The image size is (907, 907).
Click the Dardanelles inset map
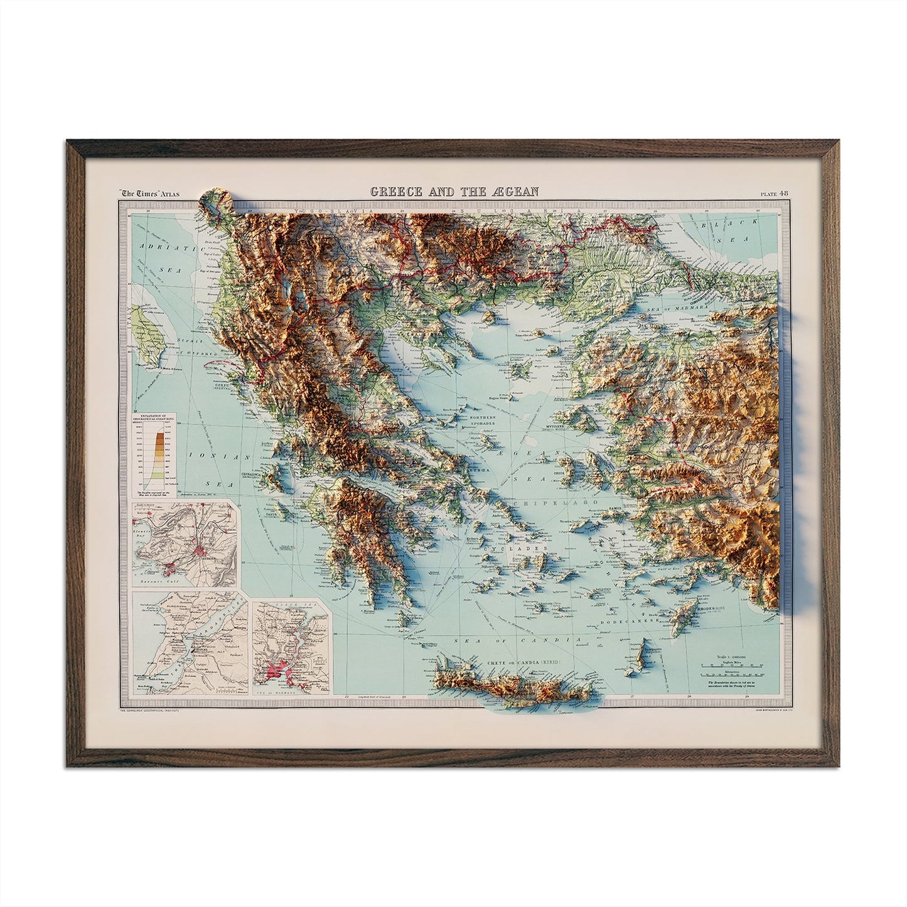pos(189,639)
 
